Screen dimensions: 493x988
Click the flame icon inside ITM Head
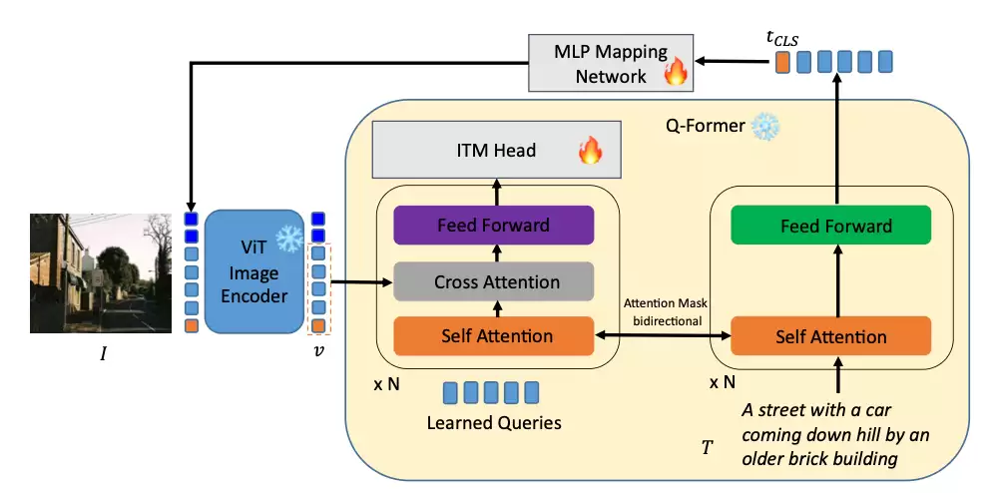pyautogui.click(x=591, y=152)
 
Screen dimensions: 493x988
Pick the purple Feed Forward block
pyautogui.click(x=494, y=225)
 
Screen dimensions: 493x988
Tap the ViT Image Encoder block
pyautogui.click(x=253, y=270)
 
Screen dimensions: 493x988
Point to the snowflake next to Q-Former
pyautogui.click(x=765, y=127)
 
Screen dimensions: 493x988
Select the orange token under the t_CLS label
pyautogui.click(x=782, y=63)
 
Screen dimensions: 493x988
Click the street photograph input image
pyautogui.click(x=101, y=273)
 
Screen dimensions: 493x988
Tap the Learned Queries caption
pyautogui.click(x=494, y=422)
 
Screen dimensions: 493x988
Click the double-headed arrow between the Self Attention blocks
pyautogui.click(x=663, y=337)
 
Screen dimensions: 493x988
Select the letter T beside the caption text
pyautogui.click(x=707, y=447)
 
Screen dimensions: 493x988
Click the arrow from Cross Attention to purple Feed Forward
pyautogui.click(x=496, y=253)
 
